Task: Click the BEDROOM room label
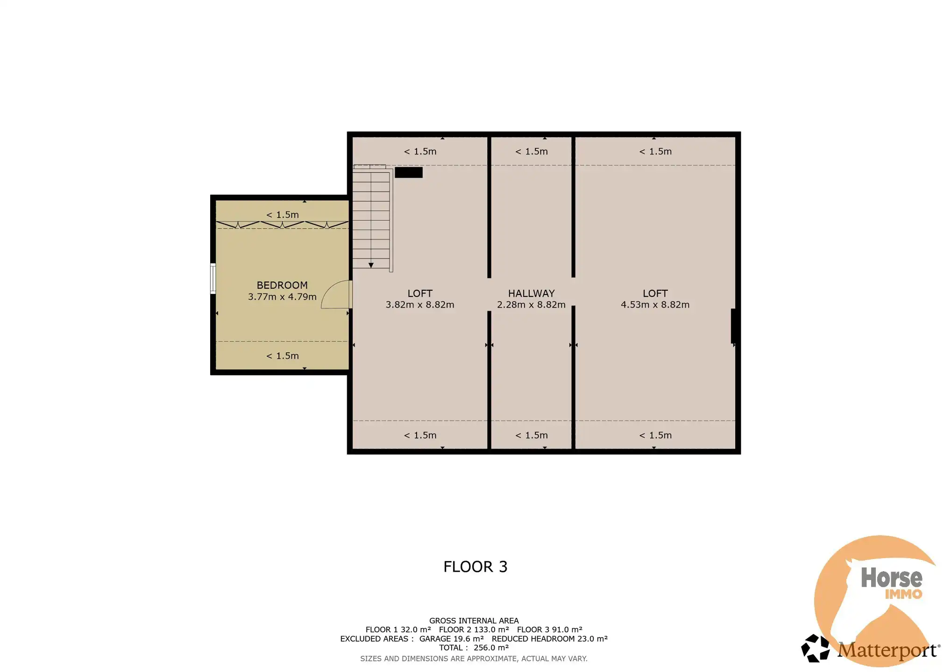click(282, 285)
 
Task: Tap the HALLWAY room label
click(531, 294)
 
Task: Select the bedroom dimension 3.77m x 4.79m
click(282, 297)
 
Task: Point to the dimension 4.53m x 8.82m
click(655, 305)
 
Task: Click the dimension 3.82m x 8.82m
click(419, 305)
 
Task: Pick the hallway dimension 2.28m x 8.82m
click(531, 305)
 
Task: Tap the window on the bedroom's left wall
click(213, 279)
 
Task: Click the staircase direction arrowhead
click(371, 265)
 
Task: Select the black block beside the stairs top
click(409, 172)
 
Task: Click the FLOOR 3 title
click(475, 567)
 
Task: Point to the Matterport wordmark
click(887, 650)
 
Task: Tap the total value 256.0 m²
click(491, 648)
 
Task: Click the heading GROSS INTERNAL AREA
click(474, 621)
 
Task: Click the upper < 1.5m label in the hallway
click(532, 151)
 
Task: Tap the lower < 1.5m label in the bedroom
click(282, 356)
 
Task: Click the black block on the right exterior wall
click(733, 326)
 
